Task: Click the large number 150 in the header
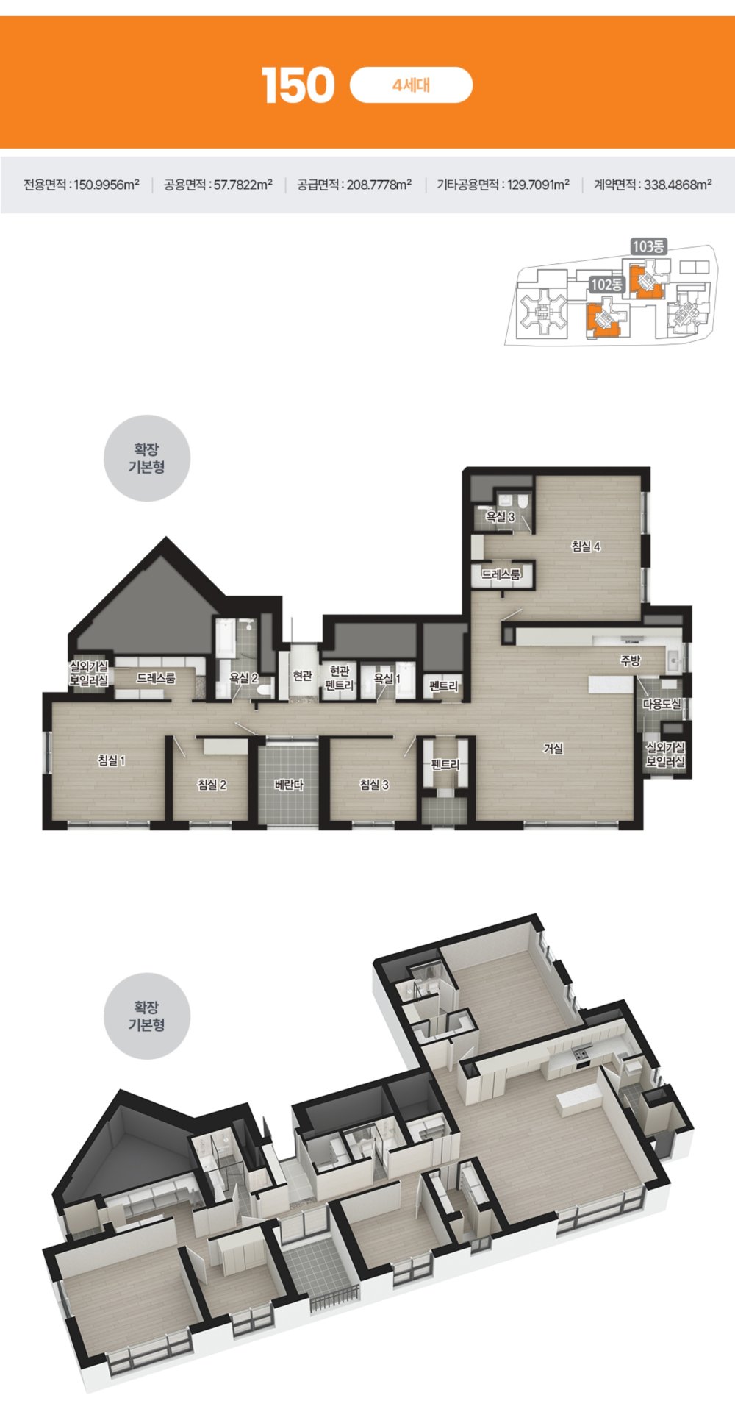(x=298, y=85)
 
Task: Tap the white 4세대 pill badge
(x=412, y=85)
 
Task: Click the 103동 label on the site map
(x=648, y=246)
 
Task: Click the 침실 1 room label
(x=112, y=760)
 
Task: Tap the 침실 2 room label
(x=212, y=785)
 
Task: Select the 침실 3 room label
(x=374, y=785)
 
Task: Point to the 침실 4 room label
(x=587, y=546)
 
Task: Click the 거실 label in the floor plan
(x=553, y=749)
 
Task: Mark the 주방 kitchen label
(x=631, y=660)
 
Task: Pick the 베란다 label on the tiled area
(x=289, y=785)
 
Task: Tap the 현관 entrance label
(x=302, y=675)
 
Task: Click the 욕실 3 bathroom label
(x=500, y=517)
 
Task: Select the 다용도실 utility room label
(x=662, y=704)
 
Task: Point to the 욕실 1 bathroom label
(x=387, y=678)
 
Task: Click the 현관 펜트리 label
(x=339, y=678)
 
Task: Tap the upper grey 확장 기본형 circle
(x=147, y=458)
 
